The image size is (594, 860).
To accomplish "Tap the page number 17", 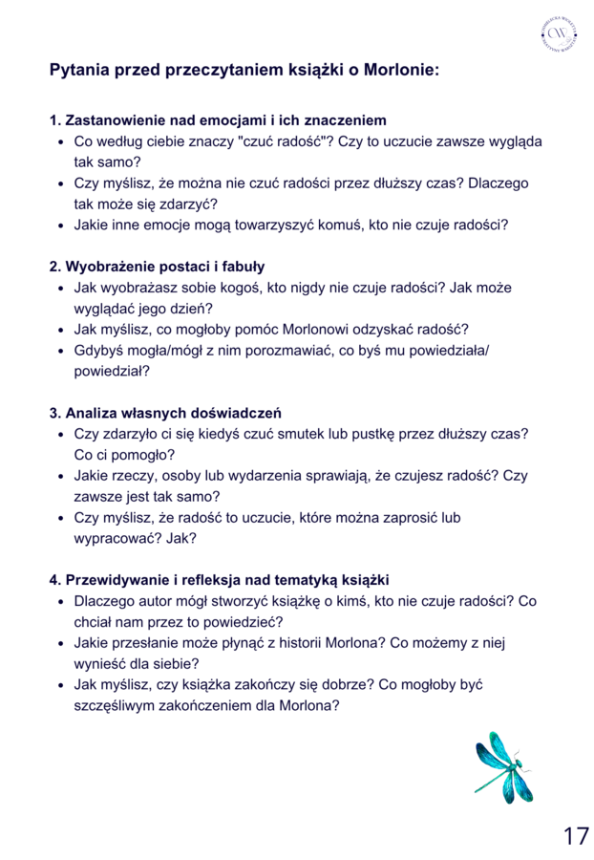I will coord(575,835).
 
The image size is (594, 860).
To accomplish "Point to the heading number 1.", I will coord(54,120).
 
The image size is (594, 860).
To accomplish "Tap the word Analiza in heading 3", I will coord(92,413).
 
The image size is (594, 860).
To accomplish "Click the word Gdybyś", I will coord(97,350).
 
